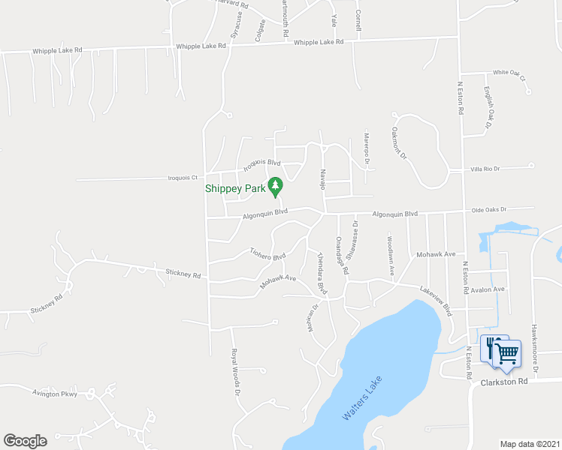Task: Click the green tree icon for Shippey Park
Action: (x=276, y=185)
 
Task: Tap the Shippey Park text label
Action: (x=236, y=188)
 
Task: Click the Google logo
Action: (x=25, y=441)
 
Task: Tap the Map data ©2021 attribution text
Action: (x=530, y=444)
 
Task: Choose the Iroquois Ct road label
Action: (x=181, y=178)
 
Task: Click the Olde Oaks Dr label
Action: (x=489, y=210)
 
